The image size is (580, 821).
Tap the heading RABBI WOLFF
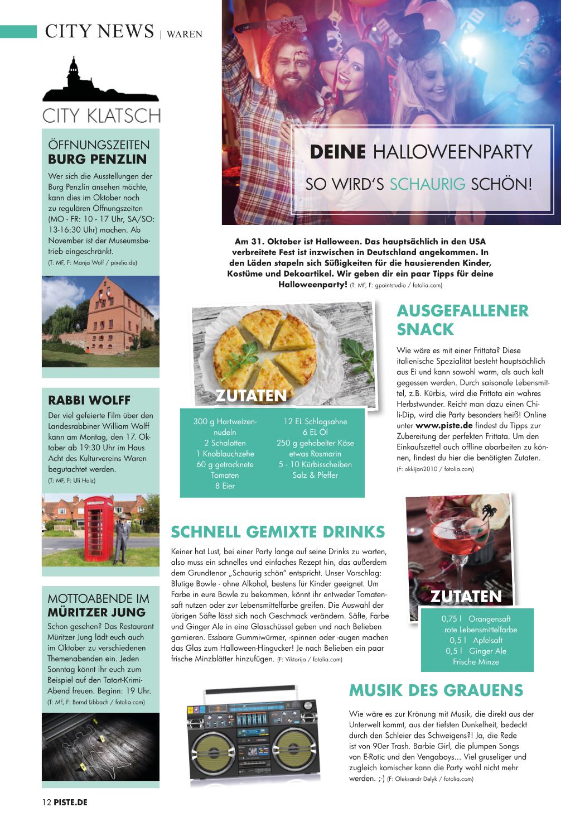pyautogui.click(x=89, y=400)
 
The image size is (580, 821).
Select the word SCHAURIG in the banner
pyautogui.click(x=427, y=184)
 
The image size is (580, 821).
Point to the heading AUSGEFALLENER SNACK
pyautogui.click(x=462, y=320)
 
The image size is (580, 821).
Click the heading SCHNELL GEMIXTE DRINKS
pyautogui.click(x=278, y=531)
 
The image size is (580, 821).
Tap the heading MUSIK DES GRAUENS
pyautogui.click(x=436, y=690)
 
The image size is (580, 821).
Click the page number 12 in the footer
pyautogui.click(x=47, y=802)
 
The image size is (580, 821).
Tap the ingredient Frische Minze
pyautogui.click(x=476, y=662)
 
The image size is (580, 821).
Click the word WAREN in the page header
pyautogui.click(x=185, y=34)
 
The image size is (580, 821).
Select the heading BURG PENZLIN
pyautogui.click(x=98, y=159)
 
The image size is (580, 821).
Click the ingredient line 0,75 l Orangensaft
pyautogui.click(x=476, y=619)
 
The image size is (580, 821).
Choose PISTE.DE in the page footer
pyautogui.click(x=70, y=802)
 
